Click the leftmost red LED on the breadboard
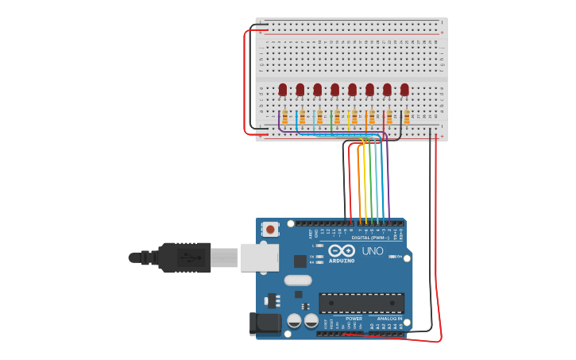pos(283,89)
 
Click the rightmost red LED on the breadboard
pos(404,89)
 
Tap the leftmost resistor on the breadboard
pos(284,118)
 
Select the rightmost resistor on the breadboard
pos(407,118)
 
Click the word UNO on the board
pos(373,251)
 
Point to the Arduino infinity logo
pos(342,250)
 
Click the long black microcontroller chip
pos(361,303)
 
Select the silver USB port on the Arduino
pos(260,257)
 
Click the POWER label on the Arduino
pos(354,319)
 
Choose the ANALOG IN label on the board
pos(388,319)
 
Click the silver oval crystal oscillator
pos(298,280)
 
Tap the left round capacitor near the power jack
pos(294,321)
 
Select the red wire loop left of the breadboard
pos(245,79)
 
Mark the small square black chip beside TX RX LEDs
pos(300,261)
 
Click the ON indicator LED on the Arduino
pos(391,267)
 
